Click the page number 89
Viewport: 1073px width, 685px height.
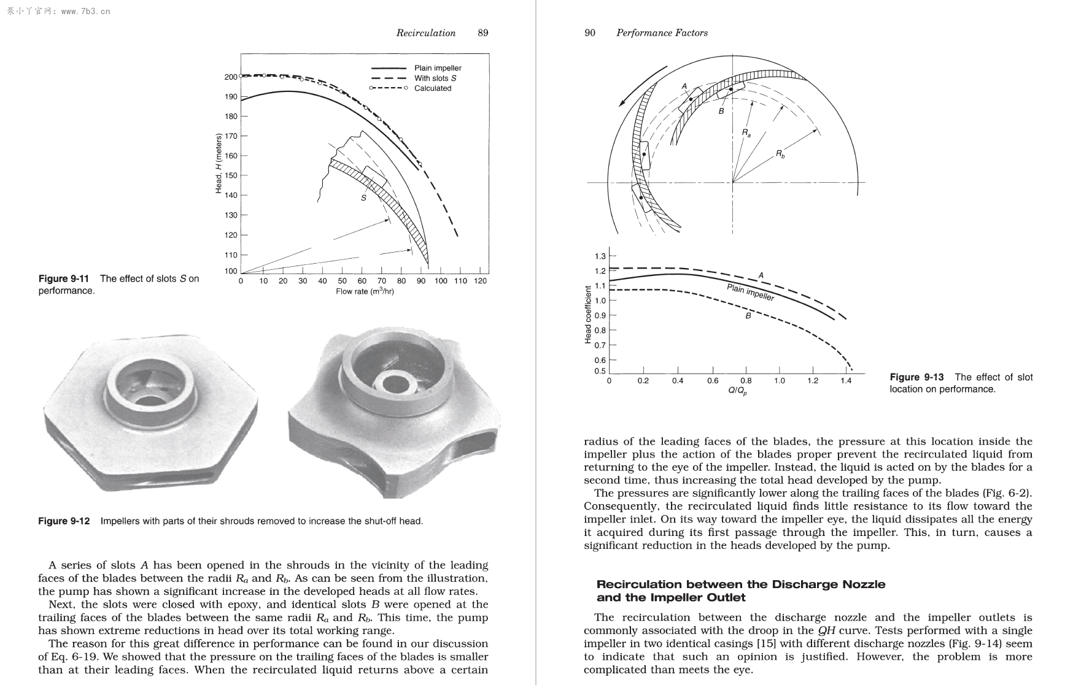point(482,33)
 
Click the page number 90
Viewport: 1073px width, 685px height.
point(589,33)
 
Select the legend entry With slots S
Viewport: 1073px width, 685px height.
point(435,78)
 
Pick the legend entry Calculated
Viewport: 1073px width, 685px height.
point(432,88)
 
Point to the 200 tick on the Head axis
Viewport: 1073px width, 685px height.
point(231,77)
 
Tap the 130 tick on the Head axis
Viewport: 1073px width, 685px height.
point(231,215)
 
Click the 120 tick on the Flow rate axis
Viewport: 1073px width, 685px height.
point(481,281)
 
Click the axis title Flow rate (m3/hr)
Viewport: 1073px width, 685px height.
point(365,291)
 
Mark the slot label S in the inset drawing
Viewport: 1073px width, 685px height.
point(363,198)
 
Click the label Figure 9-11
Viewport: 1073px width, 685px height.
point(63,279)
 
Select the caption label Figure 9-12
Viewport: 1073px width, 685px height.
point(64,521)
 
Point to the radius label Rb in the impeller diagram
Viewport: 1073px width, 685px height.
point(780,154)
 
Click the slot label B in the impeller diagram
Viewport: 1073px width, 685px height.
point(721,112)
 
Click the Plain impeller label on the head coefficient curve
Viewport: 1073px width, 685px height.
point(750,293)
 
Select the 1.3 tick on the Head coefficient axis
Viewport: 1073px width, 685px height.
point(600,256)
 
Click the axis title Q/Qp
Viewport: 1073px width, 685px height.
point(737,391)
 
